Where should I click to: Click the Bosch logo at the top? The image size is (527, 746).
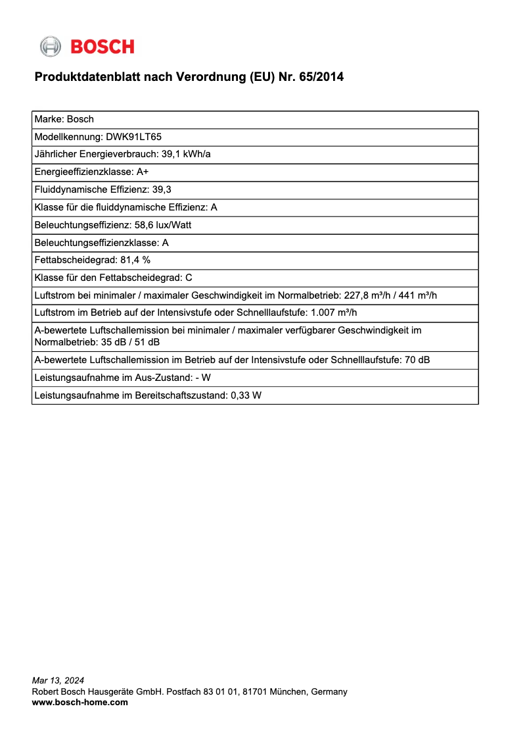pos(87,47)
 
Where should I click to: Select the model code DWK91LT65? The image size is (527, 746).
pos(133,137)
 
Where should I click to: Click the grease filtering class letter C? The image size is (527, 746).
pos(189,278)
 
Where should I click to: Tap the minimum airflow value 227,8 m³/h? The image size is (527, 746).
pos(367,295)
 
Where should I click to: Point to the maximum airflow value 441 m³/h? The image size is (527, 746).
pos(419,295)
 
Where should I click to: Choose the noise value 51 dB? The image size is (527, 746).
pos(148,342)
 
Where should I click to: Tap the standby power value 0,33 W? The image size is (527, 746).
pos(246,395)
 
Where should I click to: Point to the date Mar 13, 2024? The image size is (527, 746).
pos(58,680)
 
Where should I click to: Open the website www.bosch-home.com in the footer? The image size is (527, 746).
pos(80,702)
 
